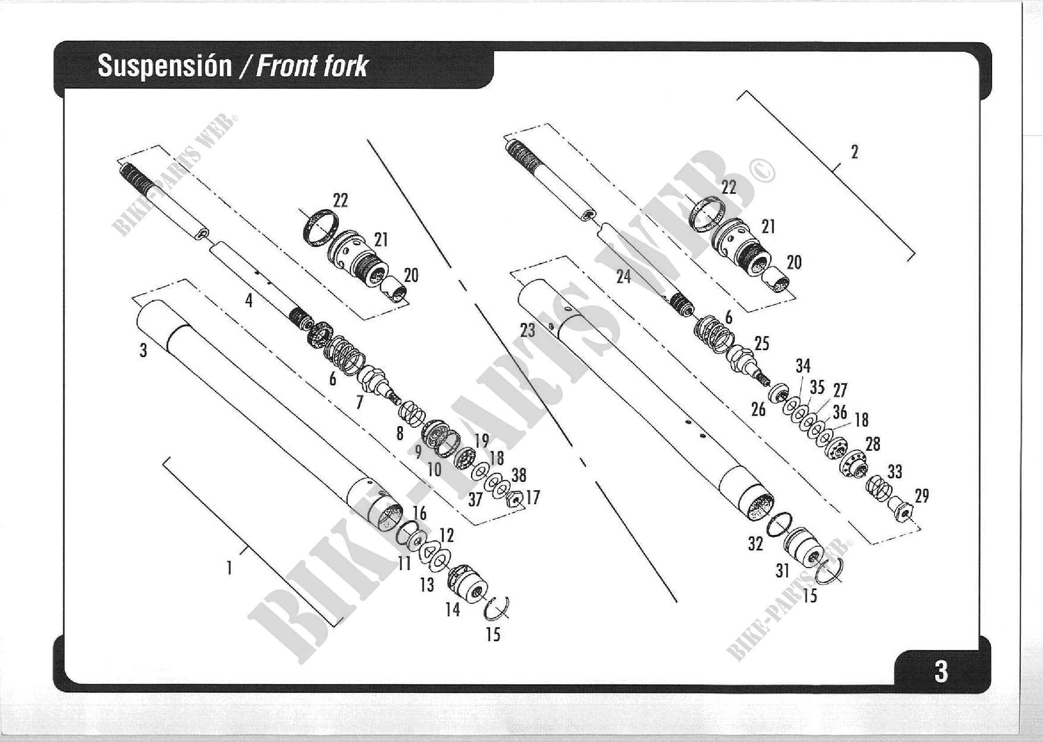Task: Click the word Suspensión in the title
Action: pyautogui.click(x=165, y=66)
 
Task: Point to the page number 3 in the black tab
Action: pyautogui.click(x=941, y=672)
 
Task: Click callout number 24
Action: pyautogui.click(x=623, y=276)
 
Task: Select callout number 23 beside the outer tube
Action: pyautogui.click(x=528, y=330)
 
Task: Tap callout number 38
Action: pyautogui.click(x=519, y=475)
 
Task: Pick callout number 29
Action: pyautogui.click(x=922, y=496)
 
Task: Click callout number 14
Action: pyautogui.click(x=452, y=609)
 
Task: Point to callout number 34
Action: pyautogui.click(x=803, y=366)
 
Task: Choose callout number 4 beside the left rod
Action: pyautogui.click(x=248, y=300)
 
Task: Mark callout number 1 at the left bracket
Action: pyautogui.click(x=229, y=568)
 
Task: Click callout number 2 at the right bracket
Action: pyautogui.click(x=854, y=152)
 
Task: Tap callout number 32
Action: pyautogui.click(x=755, y=544)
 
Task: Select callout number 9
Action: pyautogui.click(x=418, y=451)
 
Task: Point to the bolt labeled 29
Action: pyautogui.click(x=899, y=509)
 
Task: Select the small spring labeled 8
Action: pyautogui.click(x=412, y=414)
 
